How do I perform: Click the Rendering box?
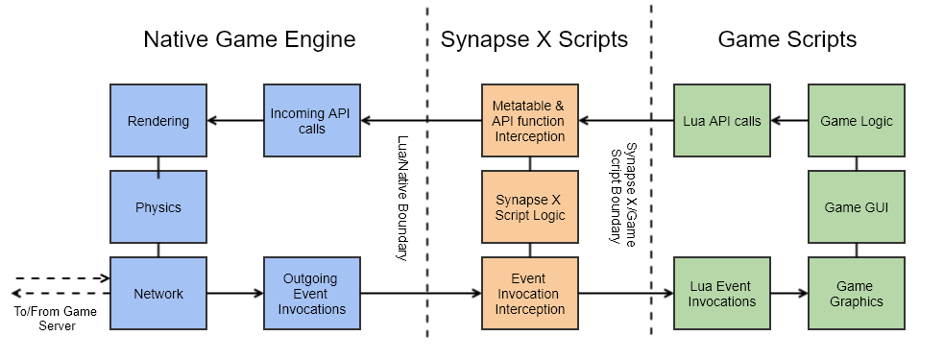point(158,121)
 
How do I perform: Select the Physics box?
point(158,206)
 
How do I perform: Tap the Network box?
point(158,293)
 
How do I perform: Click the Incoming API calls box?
point(311,121)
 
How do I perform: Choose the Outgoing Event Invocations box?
point(311,293)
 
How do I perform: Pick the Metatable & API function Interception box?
point(529,121)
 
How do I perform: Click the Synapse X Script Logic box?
point(529,206)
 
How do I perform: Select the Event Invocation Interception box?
point(529,293)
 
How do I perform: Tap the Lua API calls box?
point(722,121)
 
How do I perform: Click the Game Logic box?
point(857,121)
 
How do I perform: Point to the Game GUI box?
point(857,206)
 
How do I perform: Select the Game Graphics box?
point(857,293)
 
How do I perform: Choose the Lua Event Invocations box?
point(722,293)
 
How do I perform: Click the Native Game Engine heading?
point(250,39)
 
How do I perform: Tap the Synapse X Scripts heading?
point(534,39)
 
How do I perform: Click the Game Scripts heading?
point(787,39)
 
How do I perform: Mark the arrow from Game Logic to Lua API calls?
point(790,121)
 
